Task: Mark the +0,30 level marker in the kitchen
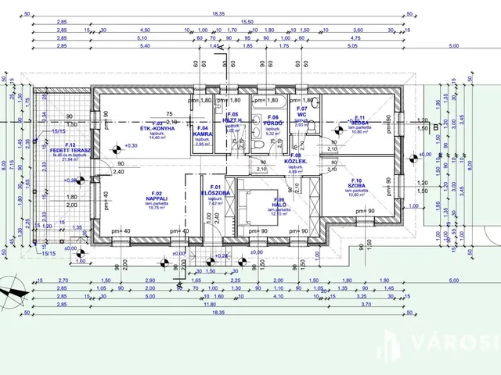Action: (x=121, y=145)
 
